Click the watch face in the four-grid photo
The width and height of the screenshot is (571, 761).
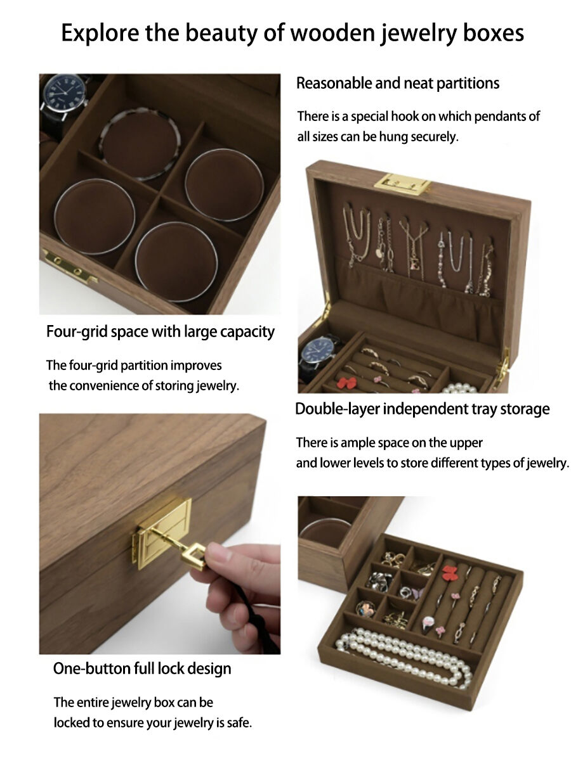point(66,93)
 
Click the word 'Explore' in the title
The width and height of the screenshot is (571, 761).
point(100,34)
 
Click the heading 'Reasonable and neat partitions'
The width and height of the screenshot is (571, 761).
point(397,83)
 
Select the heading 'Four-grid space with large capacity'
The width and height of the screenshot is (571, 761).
point(161,331)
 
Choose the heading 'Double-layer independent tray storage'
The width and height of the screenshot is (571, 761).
point(422,409)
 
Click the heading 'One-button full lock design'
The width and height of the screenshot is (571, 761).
point(142,668)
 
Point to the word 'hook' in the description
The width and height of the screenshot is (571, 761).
point(404,116)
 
